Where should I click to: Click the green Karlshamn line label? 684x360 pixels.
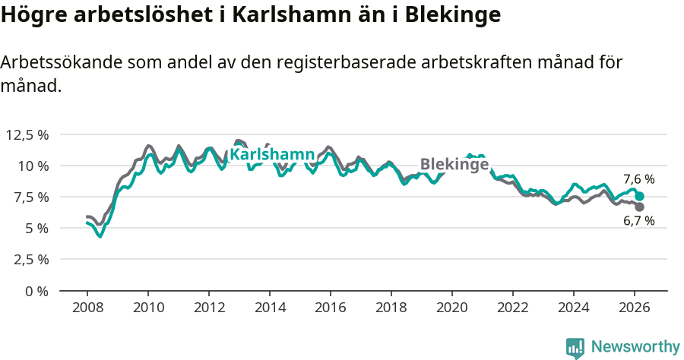pos(271,155)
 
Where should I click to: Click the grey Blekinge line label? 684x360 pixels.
pos(454,165)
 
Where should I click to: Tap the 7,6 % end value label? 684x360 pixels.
pos(638,180)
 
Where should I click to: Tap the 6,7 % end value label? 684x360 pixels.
pos(638,221)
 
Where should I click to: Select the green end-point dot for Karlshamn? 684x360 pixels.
pos(640,196)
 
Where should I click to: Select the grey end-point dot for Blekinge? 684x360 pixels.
pos(640,207)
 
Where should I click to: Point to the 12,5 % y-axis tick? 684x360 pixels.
pos(27,134)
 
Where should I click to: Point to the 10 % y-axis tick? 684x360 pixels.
pos(33,166)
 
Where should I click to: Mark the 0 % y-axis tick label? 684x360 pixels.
pos(36,290)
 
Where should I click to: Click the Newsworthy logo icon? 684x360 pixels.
pos(575,347)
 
